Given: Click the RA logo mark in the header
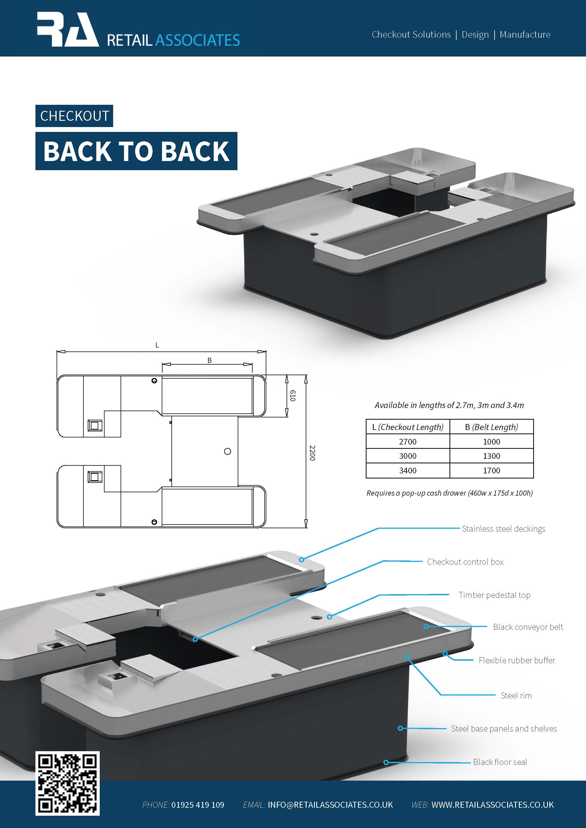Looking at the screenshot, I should (x=67, y=30).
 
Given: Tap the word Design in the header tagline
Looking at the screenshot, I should (x=475, y=35).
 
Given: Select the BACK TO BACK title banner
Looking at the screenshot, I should (x=136, y=151).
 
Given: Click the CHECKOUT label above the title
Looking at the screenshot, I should (x=74, y=116).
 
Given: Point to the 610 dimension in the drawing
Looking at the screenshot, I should (x=293, y=396).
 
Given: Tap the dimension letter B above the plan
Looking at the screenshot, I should (x=209, y=360).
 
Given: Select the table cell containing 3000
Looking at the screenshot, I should (x=407, y=456).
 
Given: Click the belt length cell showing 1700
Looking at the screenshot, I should (x=491, y=471).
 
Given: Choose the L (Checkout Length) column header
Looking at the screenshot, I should (x=407, y=427).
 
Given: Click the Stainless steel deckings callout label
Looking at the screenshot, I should (x=503, y=529).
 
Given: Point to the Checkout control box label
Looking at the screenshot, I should (x=465, y=562).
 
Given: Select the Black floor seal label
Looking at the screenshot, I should (x=500, y=762).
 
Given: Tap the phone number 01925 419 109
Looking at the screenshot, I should (x=198, y=805).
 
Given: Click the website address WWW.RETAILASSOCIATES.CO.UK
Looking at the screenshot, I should (x=492, y=805).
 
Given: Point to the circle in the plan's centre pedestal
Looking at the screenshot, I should (x=227, y=451).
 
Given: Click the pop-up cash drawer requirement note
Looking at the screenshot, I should (x=449, y=493).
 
